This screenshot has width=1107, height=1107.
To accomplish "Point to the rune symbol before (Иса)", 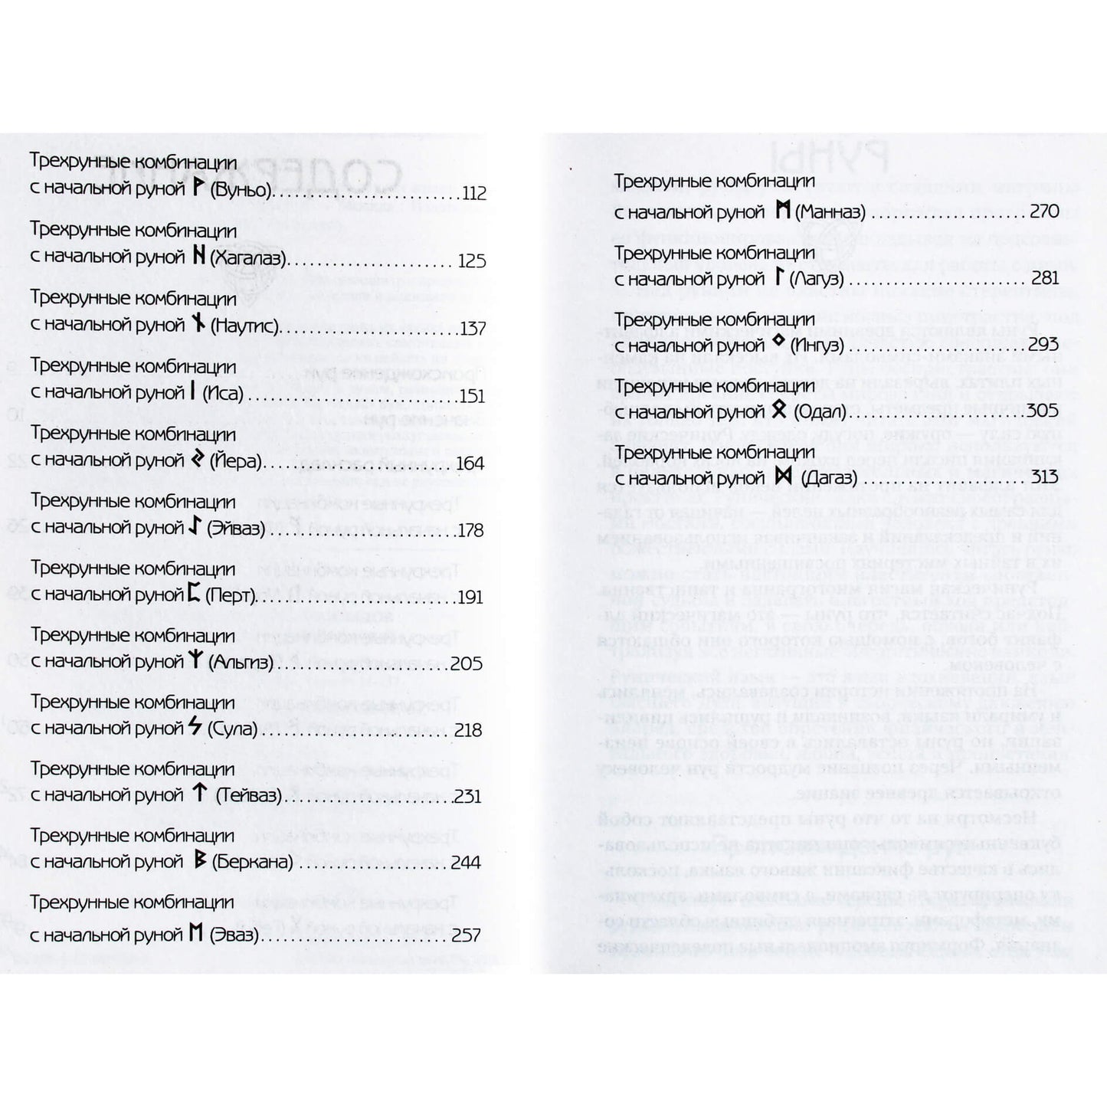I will [x=193, y=392].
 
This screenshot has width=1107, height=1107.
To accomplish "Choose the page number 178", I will [x=470, y=530].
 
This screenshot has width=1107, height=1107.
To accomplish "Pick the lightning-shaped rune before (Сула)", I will [x=195, y=727].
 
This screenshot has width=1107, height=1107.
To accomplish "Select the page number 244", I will [x=466, y=863].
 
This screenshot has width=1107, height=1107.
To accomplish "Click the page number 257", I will [x=466, y=935].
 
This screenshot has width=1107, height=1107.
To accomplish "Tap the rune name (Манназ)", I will [x=830, y=211].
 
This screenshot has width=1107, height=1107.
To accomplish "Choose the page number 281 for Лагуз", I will [x=1045, y=277].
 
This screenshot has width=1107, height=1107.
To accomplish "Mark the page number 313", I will [x=1044, y=477].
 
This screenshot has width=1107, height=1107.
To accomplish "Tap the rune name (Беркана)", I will [x=252, y=863].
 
